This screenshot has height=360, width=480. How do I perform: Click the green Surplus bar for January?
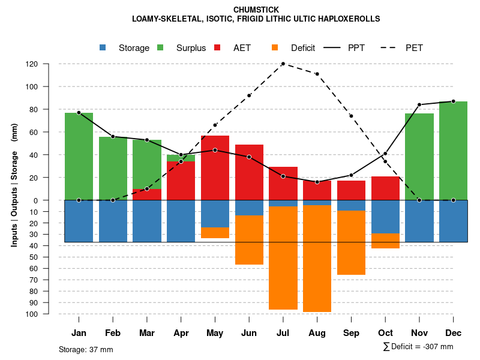[x=79, y=156]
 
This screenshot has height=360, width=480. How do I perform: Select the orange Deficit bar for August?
[x=317, y=259]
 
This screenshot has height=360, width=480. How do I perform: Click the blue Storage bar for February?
[x=113, y=221]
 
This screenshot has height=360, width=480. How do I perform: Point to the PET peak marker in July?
[x=283, y=64]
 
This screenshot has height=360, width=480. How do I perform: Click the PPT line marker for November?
[x=419, y=104]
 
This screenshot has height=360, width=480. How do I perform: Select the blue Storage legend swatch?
[x=103, y=48]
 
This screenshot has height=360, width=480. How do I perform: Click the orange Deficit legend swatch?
[x=275, y=48]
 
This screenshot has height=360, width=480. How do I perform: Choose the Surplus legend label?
[x=191, y=48]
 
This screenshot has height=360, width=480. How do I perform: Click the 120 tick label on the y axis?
[x=49, y=64]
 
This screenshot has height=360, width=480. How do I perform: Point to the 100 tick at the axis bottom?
[x=49, y=314]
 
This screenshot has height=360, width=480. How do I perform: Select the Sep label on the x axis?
[x=351, y=333]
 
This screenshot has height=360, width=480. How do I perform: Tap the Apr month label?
[x=181, y=333]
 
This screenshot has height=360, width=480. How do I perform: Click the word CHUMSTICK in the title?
[x=256, y=10]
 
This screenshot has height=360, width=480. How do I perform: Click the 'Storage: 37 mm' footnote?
[x=86, y=349]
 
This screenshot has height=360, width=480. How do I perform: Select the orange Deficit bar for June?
[x=249, y=240]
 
